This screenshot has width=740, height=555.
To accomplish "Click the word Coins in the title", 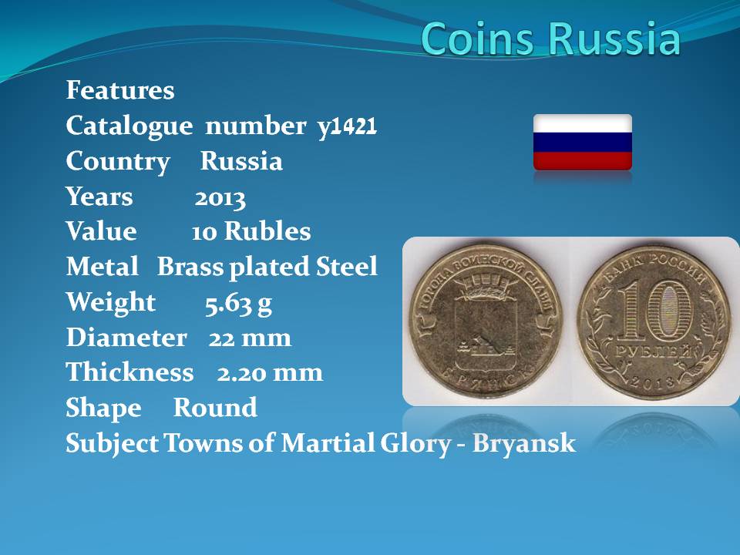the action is click(478, 38).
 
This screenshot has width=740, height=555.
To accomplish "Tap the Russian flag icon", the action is click(583, 142).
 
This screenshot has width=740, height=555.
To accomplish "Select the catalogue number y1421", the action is click(348, 126).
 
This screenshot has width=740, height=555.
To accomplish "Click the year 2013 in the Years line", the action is click(220, 198).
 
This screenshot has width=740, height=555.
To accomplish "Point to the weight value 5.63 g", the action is click(238, 304).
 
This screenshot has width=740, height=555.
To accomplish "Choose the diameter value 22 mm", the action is click(250, 338).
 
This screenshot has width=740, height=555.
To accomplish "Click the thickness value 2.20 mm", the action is click(270, 373).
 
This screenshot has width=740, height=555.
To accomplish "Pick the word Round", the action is click(215, 407).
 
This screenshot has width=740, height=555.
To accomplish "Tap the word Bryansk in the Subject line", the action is click(524, 444).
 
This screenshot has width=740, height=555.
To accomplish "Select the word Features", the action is click(120, 89).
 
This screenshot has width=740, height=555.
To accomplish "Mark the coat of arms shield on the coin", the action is click(486, 333).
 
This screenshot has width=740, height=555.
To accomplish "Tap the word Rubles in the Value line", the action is click(267, 231).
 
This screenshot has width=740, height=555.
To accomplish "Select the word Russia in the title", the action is click(615, 38).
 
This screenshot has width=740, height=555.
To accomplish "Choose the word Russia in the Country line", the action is click(241, 161).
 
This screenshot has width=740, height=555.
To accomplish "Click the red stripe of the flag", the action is click(583, 161).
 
